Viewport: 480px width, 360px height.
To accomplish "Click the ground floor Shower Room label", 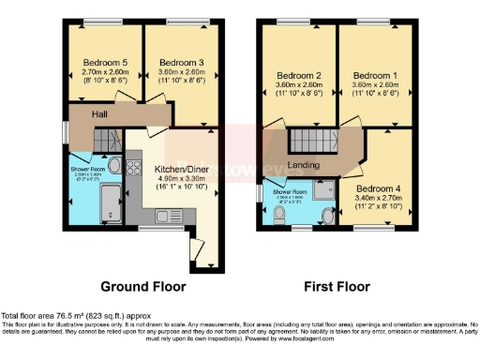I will (x=88, y=170).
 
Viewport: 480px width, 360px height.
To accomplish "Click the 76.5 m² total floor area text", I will (x=59, y=316).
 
